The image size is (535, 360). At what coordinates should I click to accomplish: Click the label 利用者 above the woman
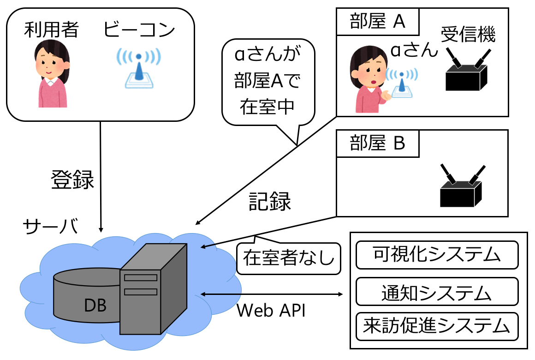pyautogui.click(x=52, y=30)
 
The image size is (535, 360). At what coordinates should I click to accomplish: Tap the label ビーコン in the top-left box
pyautogui.click(x=139, y=30)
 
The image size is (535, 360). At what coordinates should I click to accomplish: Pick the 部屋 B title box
pyautogui.click(x=378, y=144)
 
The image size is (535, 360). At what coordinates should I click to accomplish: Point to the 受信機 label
pyautogui.click(x=468, y=35)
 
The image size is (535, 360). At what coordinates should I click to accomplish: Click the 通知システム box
pyautogui.click(x=437, y=292)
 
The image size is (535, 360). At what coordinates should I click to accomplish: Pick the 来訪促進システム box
pyautogui.click(x=437, y=326)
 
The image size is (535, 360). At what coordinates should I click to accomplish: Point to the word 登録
pyautogui.click(x=72, y=180)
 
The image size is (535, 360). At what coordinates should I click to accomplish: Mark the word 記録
pyautogui.click(x=270, y=201)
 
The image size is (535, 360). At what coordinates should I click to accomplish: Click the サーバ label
pyautogui.click(x=50, y=226)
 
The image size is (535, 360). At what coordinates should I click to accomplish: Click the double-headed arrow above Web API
pyautogui.click(x=272, y=294)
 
